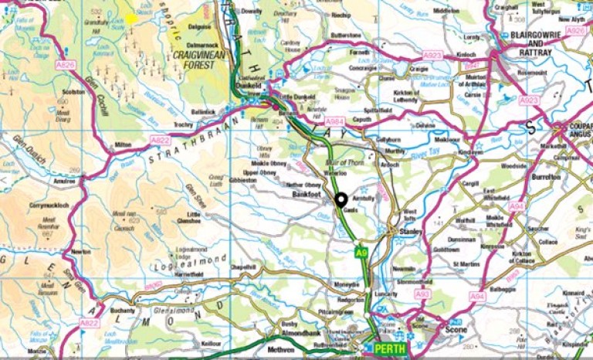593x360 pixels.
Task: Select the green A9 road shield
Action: pyautogui.click(x=361, y=252)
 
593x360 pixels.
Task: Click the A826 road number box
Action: pyautogui.click(x=66, y=65)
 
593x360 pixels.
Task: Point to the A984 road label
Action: pyautogui.click(x=334, y=121)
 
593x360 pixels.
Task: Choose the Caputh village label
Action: pyautogui.click(x=365, y=122)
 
